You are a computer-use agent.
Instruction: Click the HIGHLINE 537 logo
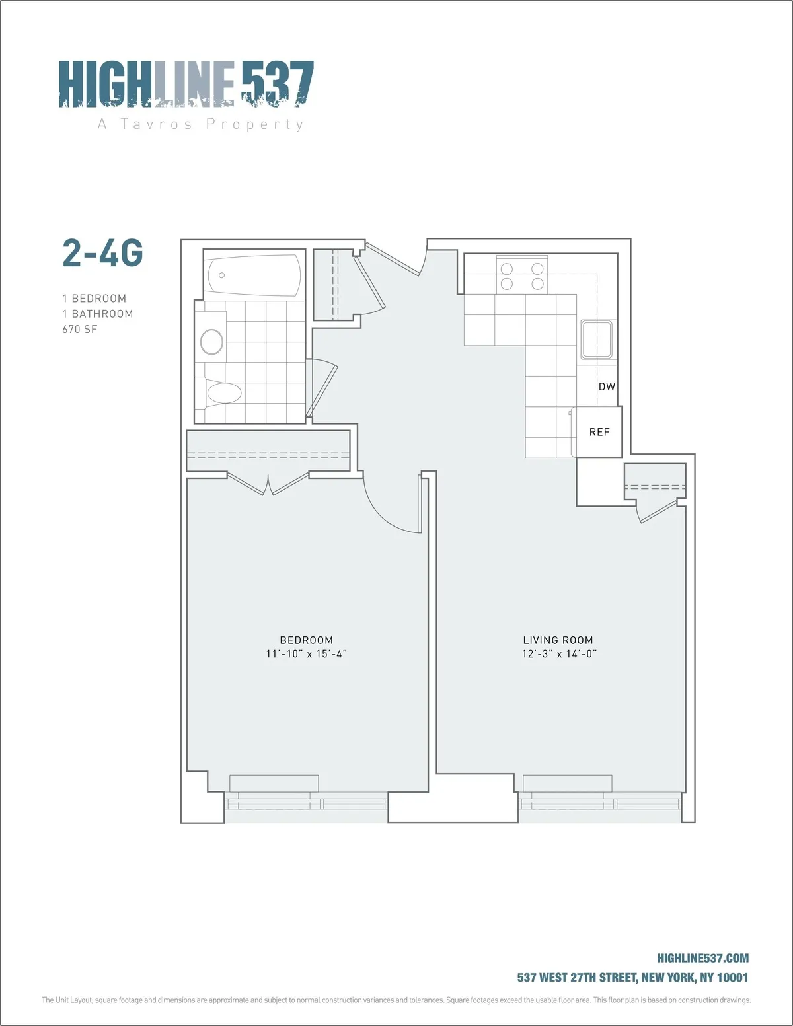point(186,84)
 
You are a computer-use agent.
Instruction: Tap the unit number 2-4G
point(102,253)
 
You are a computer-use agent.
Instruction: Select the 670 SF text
point(80,329)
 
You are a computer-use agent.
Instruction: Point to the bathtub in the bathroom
point(253,275)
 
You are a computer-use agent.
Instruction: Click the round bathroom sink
point(212,342)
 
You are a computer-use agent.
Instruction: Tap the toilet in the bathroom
point(223,394)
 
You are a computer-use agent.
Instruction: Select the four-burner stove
point(522,275)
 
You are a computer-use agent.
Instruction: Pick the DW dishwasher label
point(607,386)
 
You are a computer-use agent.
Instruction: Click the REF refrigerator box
point(599,432)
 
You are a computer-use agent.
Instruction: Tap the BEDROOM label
point(306,640)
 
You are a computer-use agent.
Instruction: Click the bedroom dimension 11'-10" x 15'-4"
point(306,654)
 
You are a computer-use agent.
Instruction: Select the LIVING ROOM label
point(558,640)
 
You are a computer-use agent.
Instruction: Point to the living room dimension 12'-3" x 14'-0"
point(559,654)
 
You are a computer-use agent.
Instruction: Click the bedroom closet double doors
point(268,484)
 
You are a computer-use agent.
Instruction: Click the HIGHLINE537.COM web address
point(702,958)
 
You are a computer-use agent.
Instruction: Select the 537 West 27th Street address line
point(632,977)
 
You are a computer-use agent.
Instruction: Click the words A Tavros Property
point(201,124)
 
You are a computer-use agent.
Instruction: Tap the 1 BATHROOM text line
point(98,314)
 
